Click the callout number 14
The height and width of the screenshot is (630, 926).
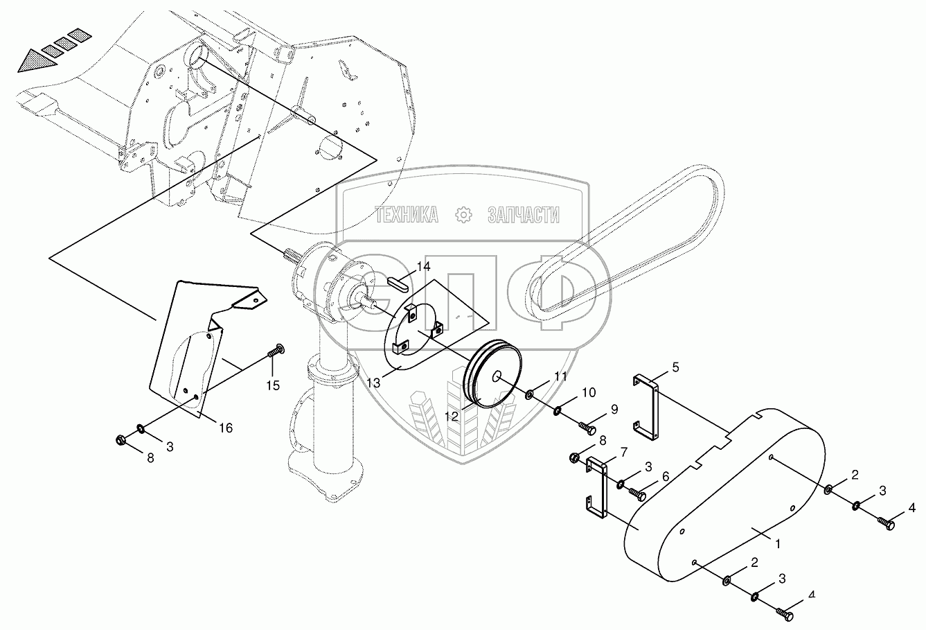[423, 267]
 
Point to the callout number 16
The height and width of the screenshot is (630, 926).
[225, 428]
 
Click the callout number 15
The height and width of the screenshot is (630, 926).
[274, 385]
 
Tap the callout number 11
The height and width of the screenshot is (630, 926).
[560, 377]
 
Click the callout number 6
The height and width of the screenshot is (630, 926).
[666, 477]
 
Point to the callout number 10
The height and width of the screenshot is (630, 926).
[588, 393]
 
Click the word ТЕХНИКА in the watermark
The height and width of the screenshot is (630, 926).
[407, 216]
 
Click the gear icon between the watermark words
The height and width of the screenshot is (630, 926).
[463, 216]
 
